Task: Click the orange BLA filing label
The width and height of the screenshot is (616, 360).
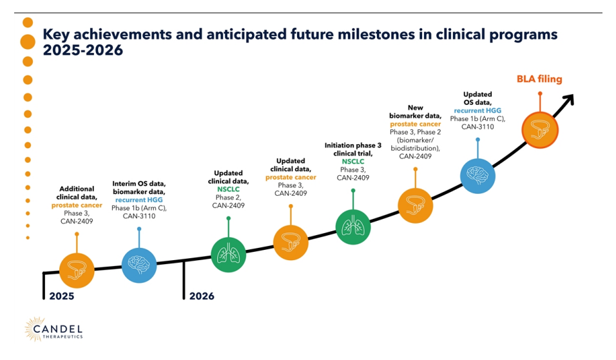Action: (539, 79)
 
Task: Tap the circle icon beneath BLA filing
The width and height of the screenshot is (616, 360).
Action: (539, 129)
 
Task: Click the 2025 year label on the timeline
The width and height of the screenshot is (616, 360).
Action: (62, 296)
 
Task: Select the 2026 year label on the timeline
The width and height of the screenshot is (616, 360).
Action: (202, 296)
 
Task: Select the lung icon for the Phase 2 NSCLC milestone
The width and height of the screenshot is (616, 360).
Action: (228, 254)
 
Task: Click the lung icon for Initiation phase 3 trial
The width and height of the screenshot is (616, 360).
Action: (353, 227)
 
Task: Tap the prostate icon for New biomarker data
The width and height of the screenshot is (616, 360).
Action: (415, 205)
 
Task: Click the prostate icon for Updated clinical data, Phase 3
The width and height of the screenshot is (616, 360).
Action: (291, 242)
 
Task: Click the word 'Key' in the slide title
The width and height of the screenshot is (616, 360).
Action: (55, 34)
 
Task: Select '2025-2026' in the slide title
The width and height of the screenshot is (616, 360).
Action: (82, 50)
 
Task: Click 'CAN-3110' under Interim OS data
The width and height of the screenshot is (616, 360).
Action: (139, 216)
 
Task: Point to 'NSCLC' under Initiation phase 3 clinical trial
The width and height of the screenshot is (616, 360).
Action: (352, 162)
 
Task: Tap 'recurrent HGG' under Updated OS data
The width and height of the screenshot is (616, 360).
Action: (477, 111)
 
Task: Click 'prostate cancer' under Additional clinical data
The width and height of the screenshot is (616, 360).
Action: (77, 205)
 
